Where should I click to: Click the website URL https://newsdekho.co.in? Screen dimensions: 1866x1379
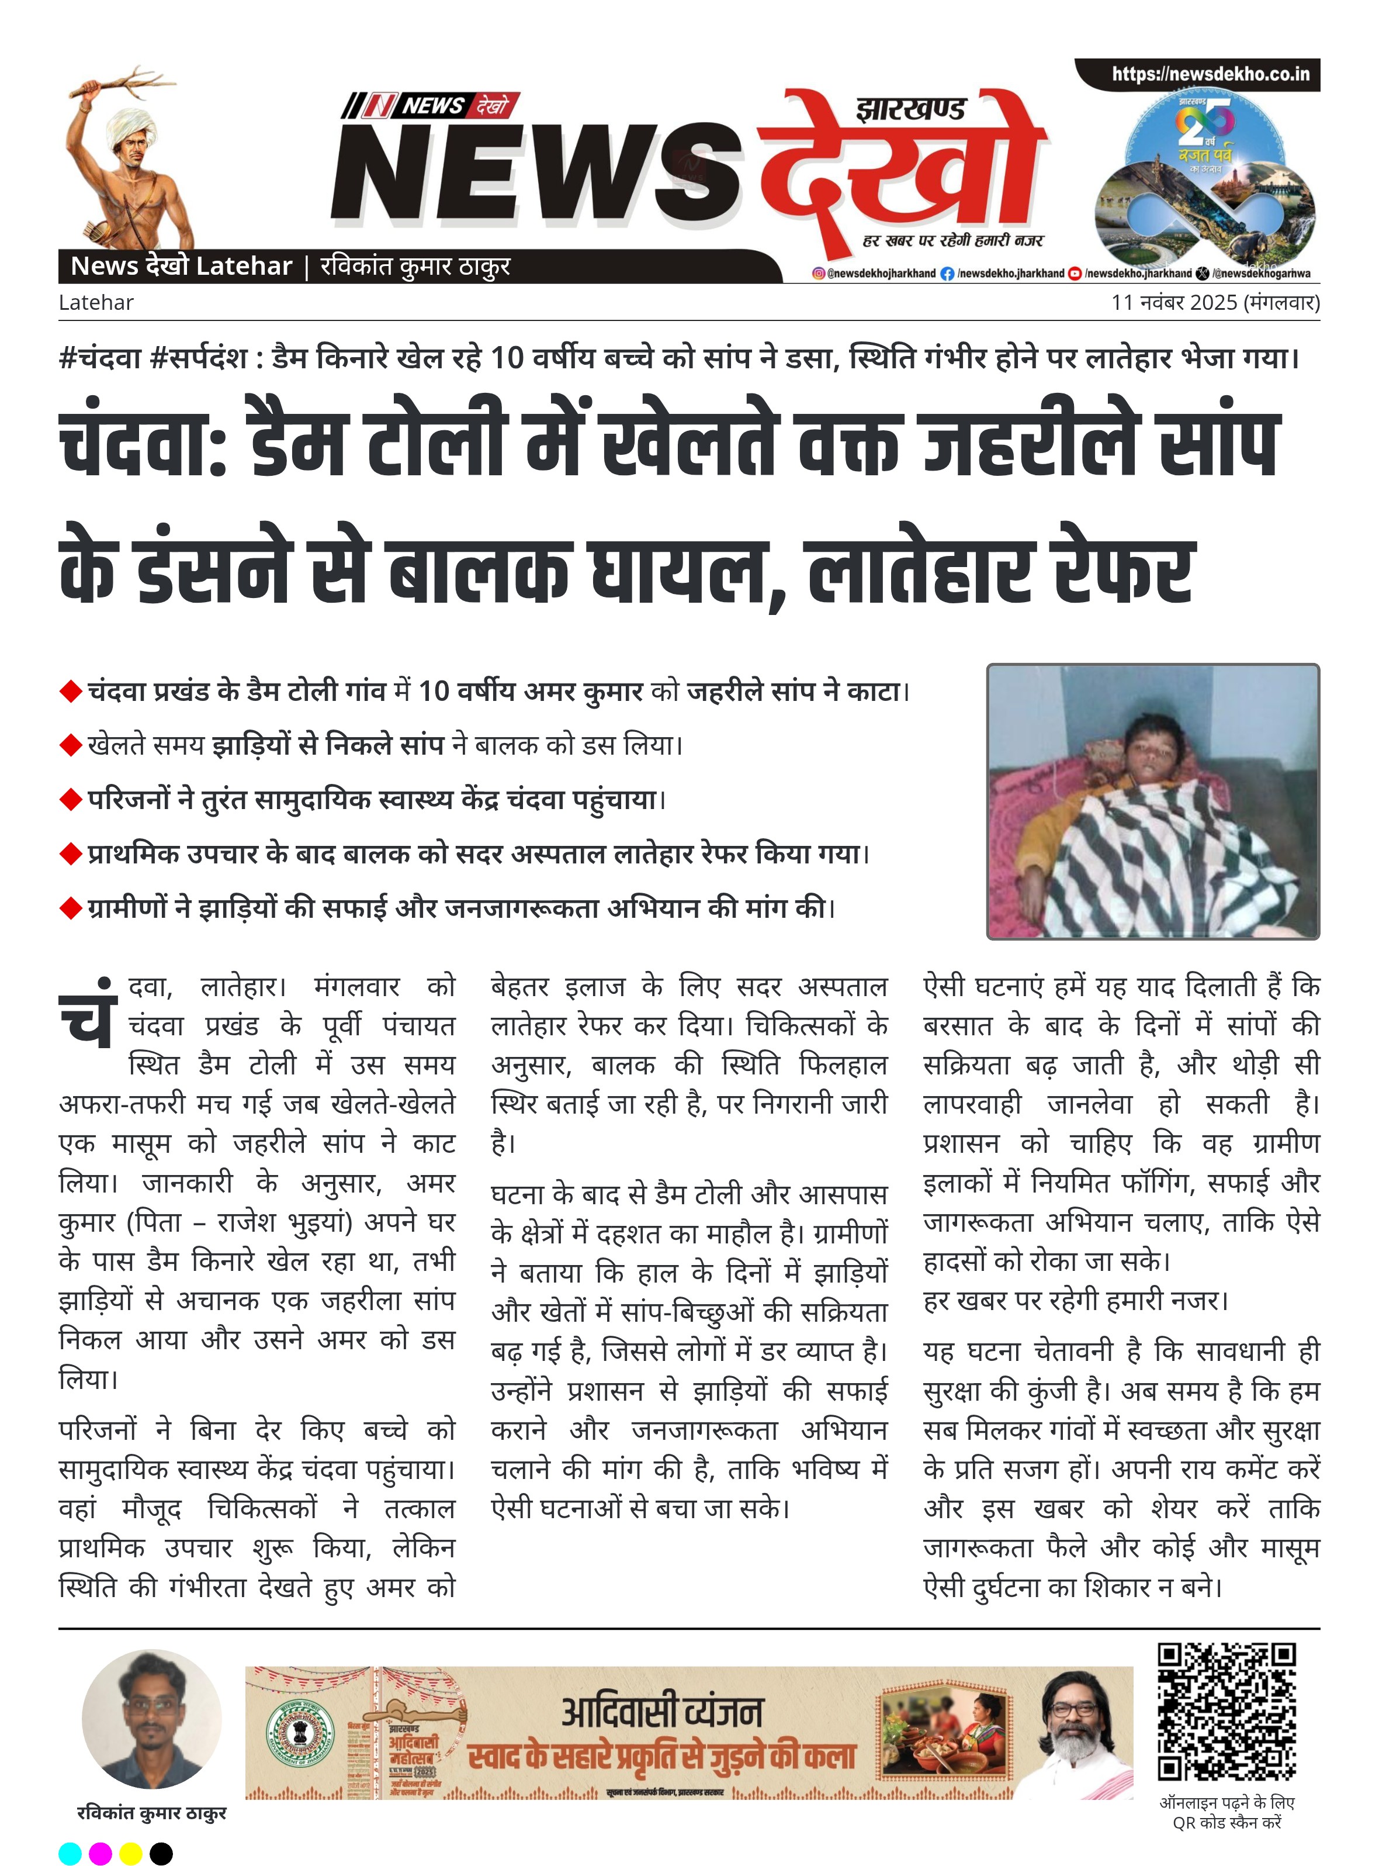1210,74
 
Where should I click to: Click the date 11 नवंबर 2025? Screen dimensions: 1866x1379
1174,302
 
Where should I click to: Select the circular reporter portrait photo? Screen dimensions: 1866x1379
152,1718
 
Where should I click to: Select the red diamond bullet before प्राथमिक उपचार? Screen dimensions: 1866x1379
70,854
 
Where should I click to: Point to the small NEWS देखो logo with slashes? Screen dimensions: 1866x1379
430,106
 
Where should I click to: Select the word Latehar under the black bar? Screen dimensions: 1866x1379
96,302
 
